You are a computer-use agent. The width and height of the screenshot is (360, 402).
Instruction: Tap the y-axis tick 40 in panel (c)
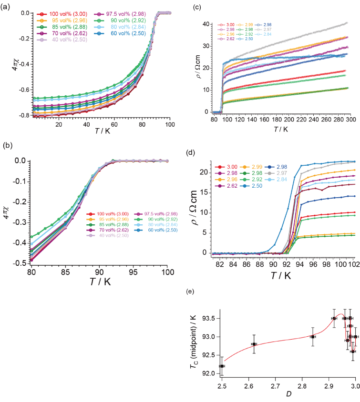pyautogui.click(x=207, y=23)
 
